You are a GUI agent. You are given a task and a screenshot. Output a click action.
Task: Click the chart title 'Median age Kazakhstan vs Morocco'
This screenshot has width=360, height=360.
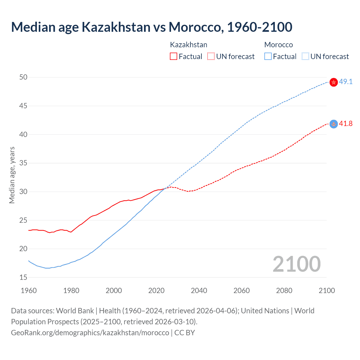pos(152,27)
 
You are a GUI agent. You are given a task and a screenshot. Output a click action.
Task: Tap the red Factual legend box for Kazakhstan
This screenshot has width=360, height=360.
pos(174,57)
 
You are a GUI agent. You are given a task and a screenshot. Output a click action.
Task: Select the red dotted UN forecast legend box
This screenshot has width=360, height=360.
pos(211,57)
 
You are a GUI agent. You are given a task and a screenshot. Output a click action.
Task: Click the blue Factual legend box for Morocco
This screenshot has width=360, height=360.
pos(268,57)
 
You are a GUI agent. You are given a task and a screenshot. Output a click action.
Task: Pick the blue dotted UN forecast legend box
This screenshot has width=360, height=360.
pos(305,57)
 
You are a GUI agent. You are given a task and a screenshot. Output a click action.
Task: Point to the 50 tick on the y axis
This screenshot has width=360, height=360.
pos(23,77)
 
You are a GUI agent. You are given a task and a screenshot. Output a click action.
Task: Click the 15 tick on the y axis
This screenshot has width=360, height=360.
pos(23,277)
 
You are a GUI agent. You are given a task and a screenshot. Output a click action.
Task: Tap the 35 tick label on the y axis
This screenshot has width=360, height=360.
pos(23,163)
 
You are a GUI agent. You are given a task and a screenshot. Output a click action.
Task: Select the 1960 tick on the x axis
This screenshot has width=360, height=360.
pos(29,291)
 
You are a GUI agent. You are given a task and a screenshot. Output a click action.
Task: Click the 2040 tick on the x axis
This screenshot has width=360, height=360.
pos(199,291)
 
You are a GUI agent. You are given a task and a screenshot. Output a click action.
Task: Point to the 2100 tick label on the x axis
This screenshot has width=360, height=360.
pos(327,291)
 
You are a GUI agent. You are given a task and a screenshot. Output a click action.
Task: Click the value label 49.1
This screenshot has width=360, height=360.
pos(346,82)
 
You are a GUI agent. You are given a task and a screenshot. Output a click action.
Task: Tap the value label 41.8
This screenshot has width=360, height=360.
pos(346,124)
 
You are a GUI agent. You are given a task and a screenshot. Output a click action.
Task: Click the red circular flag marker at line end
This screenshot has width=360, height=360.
pos(334,82)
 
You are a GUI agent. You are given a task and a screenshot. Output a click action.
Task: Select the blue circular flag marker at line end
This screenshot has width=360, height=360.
pos(334,124)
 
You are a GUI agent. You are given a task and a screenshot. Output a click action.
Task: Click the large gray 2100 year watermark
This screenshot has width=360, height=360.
pos(296,264)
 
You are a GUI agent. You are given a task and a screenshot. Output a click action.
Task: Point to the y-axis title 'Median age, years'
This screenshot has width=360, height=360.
pos(12,175)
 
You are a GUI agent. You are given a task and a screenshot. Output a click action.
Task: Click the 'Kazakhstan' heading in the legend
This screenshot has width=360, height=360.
pos(188,45)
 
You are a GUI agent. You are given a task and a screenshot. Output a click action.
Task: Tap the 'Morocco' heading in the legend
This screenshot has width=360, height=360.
pos(278,45)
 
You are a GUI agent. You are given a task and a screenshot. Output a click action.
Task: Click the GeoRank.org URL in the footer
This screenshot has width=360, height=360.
pos(90,333)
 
